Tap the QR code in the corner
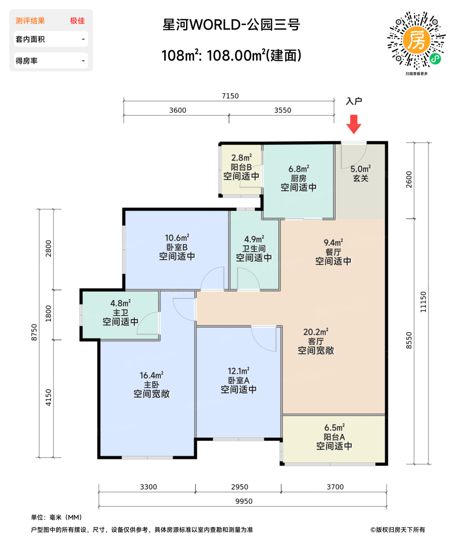pyautogui.click(x=416, y=41)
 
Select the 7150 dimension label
pyautogui.click(x=230, y=96)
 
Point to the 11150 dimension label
pyautogui.click(x=423, y=302)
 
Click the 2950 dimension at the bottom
pyautogui.click(x=239, y=487)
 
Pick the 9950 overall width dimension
pyautogui.click(x=244, y=501)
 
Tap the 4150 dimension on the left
pyautogui.click(x=48, y=398)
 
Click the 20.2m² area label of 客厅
pyautogui.click(x=316, y=332)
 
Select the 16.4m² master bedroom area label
pyautogui.click(x=151, y=375)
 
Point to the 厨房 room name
pyautogui.click(x=298, y=178)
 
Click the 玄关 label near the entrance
pyautogui.click(x=360, y=178)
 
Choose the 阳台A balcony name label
pyautogui.click(x=334, y=437)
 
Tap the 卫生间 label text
pyautogui.click(x=254, y=248)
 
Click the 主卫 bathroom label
pyautogui.click(x=120, y=313)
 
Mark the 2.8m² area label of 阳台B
pyautogui.click(x=241, y=158)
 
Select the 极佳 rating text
pyautogui.click(x=77, y=21)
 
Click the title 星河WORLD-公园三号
pyautogui.click(x=231, y=25)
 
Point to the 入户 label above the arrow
pyautogui.click(x=354, y=101)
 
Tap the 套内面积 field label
pyautogui.click(x=30, y=39)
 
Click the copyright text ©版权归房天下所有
pyautogui.click(x=398, y=530)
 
